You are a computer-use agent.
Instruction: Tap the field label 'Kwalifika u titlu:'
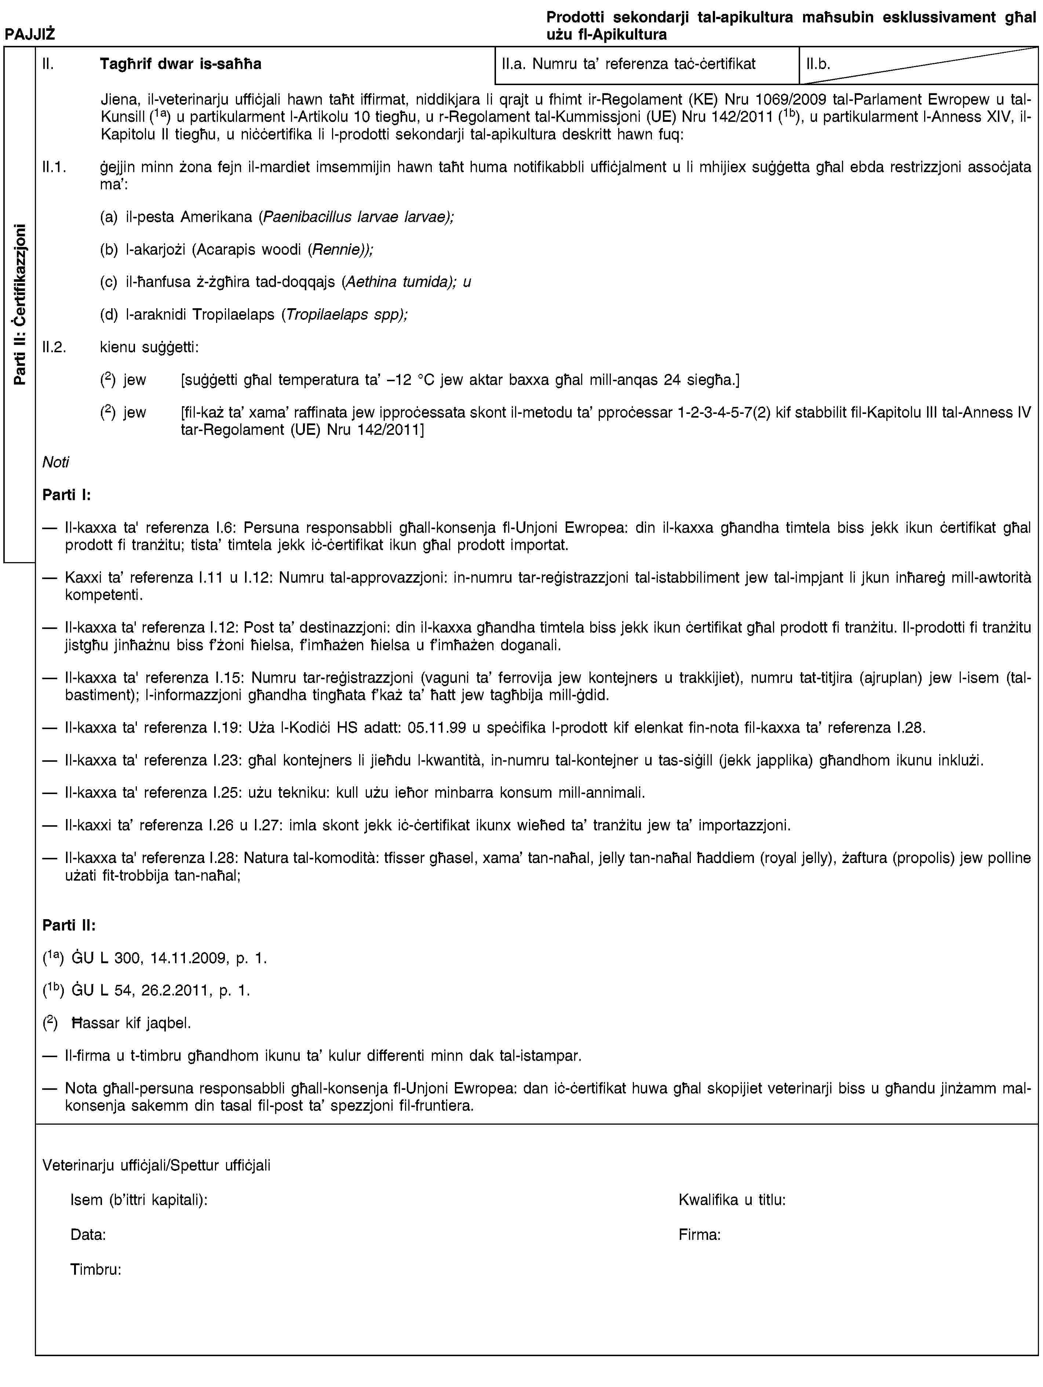[732, 1201]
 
